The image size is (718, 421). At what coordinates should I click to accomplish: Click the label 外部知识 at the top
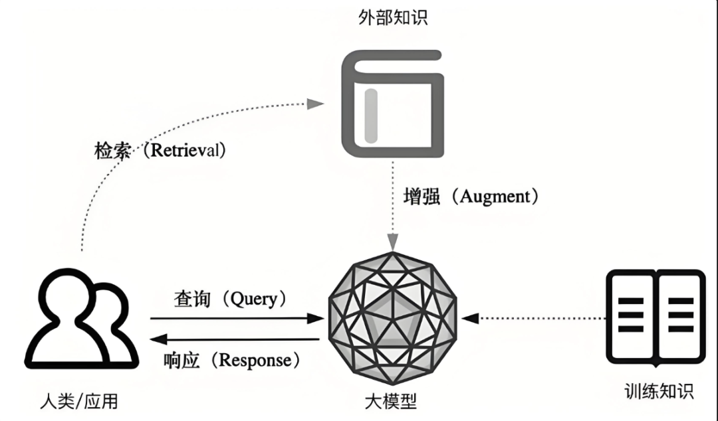tap(393, 17)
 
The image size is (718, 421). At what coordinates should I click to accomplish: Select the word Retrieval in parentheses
tap(188, 150)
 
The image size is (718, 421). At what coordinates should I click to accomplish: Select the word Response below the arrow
tap(255, 360)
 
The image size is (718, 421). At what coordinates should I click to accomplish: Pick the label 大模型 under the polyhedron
tap(392, 401)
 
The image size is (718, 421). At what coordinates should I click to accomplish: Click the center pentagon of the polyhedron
tap(393, 317)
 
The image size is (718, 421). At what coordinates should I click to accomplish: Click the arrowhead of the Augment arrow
tap(394, 245)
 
